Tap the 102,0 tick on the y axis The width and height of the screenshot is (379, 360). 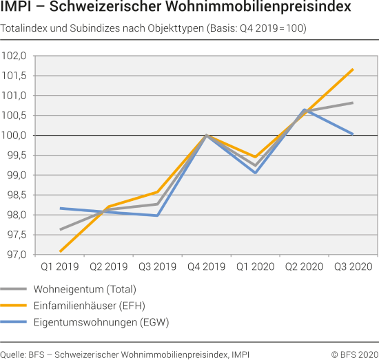click(15, 56)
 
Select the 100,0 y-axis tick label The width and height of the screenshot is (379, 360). click(15, 136)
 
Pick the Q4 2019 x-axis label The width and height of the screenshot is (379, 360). click(206, 266)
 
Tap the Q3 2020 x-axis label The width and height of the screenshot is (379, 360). click(353, 266)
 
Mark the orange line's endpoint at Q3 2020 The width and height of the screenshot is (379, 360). click(354, 70)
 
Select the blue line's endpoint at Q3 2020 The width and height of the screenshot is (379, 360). click(354, 134)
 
